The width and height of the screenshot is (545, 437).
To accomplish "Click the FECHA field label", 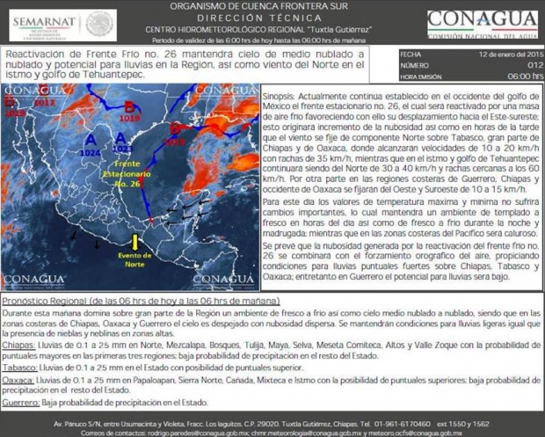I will click(411, 54).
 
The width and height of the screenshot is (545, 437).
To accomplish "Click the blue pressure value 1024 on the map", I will click(90, 153).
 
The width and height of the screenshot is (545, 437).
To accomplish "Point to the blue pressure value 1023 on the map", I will click(122, 149).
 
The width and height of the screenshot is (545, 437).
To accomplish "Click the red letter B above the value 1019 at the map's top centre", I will click(129, 106).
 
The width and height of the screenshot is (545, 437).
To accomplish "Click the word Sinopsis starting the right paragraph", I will click(285, 90).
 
